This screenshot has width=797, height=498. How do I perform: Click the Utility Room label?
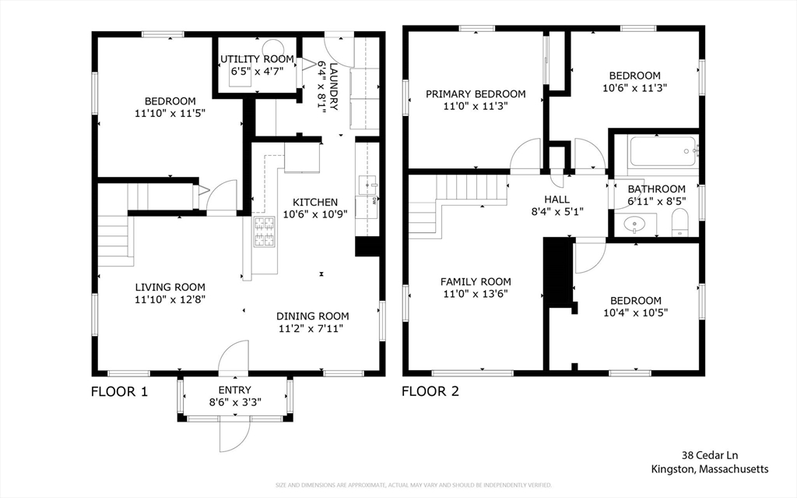pyautogui.click(x=257, y=59)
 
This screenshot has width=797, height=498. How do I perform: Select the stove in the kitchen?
pyautogui.click(x=264, y=231)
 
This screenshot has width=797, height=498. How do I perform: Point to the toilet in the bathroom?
pyautogui.click(x=680, y=222)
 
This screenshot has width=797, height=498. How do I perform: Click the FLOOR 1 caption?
pyautogui.click(x=119, y=391)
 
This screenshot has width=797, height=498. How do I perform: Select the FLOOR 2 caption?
pyautogui.click(x=430, y=391)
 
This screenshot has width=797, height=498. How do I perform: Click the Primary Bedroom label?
pyautogui.click(x=476, y=94)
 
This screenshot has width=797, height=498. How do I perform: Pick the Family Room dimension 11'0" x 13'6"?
pyautogui.click(x=476, y=295)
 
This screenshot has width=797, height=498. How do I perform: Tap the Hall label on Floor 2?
pyautogui.click(x=556, y=200)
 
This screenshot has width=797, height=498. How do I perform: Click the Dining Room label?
pyautogui.click(x=313, y=316)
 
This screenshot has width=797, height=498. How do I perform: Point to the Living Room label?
pyautogui.click(x=170, y=286)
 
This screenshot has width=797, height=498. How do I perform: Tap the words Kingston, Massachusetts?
pyautogui.click(x=710, y=469)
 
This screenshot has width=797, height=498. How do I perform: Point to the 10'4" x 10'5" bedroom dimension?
pyautogui.click(x=635, y=313)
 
